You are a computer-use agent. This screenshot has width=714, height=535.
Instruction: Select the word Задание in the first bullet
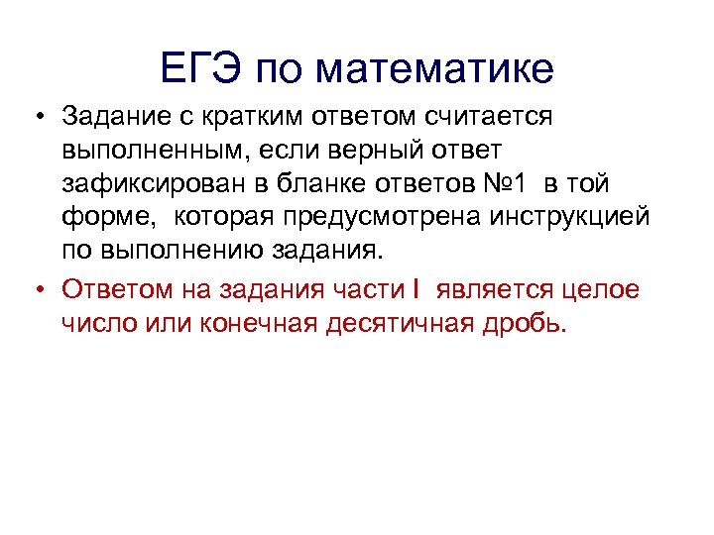coord(110,118)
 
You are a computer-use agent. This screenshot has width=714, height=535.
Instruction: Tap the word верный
coord(370,152)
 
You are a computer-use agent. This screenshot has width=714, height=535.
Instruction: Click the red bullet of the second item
coord(35,288)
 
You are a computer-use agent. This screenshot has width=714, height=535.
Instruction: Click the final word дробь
coord(528,322)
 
